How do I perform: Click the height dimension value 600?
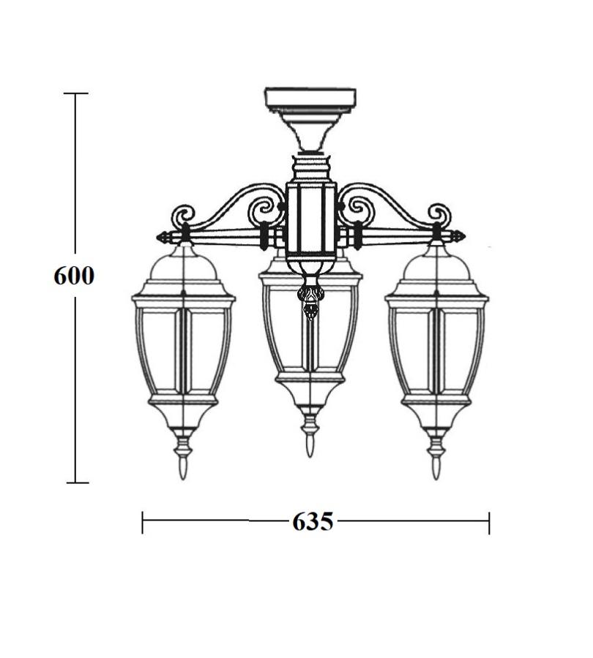pos(74,276)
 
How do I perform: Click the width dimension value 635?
pos(313,521)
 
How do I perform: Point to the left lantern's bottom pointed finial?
pos(183,467)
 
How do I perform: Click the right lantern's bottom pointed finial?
pos(436,467)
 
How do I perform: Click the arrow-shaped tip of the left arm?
pos(164,238)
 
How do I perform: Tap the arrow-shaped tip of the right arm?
pos(458,236)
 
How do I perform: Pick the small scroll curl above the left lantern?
pos(183,216)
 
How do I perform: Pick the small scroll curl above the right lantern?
pos(439,215)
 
